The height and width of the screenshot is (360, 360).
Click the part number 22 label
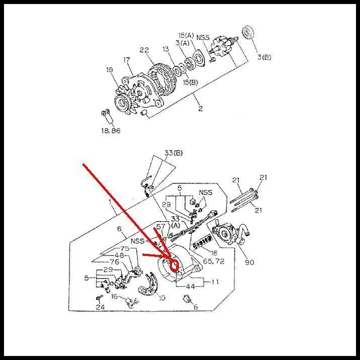click(144, 50)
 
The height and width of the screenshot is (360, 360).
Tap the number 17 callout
click(127, 60)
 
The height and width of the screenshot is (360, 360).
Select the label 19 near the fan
click(110, 70)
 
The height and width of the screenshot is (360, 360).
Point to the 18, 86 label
click(111, 131)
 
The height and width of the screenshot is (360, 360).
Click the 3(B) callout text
click(264, 57)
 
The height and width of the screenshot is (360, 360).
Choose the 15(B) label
click(191, 82)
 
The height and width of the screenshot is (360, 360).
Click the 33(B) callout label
click(173, 153)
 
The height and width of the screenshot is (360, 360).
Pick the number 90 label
click(249, 262)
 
